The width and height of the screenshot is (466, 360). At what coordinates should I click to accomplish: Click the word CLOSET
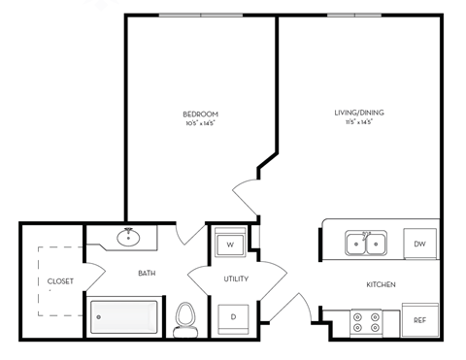(x=60, y=281)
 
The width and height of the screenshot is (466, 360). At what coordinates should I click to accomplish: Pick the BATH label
(x=147, y=273)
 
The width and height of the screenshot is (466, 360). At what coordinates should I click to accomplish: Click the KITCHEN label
(x=379, y=284)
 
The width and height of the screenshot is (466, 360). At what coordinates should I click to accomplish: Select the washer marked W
(x=230, y=245)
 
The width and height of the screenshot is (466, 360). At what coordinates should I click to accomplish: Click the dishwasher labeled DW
(x=420, y=244)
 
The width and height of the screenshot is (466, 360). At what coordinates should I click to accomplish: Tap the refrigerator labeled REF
(x=419, y=320)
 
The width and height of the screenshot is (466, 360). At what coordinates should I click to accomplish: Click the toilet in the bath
(x=184, y=319)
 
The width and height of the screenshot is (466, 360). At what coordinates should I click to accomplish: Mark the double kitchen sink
(x=365, y=243)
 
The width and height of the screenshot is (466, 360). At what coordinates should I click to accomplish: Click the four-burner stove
(x=364, y=321)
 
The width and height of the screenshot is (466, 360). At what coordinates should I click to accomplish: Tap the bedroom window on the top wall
(x=201, y=15)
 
